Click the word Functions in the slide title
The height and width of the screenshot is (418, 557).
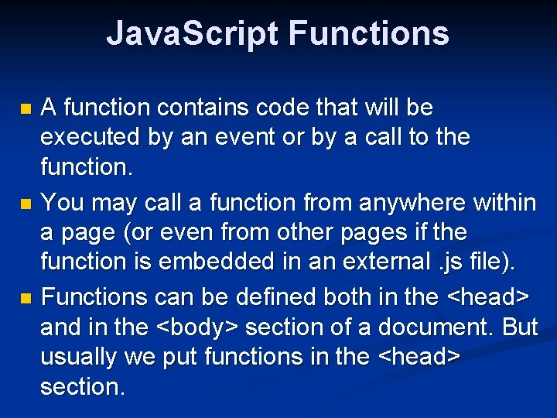click(368, 34)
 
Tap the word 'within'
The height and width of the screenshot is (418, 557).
click(497, 203)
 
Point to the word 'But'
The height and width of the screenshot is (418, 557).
click(519, 327)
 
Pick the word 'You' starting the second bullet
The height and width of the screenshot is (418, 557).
click(62, 203)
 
